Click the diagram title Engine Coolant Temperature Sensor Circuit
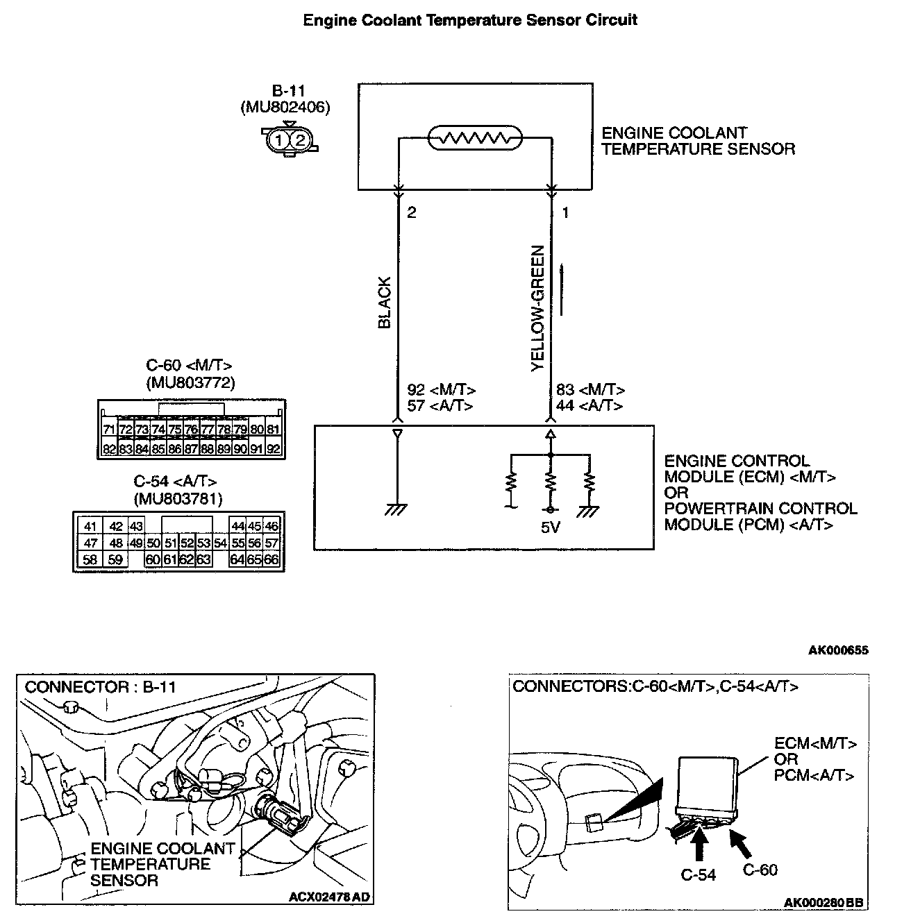pyautogui.click(x=470, y=20)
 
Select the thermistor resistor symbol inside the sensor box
pyautogui.click(x=474, y=139)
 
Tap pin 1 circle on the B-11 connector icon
pyautogui.click(x=278, y=140)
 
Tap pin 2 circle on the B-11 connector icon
pyautogui.click(x=300, y=140)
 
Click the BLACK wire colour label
pyautogui.click(x=384, y=303)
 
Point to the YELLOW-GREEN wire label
pyautogui.click(x=537, y=308)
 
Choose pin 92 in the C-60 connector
pyautogui.click(x=274, y=449)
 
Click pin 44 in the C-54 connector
pyautogui.click(x=238, y=527)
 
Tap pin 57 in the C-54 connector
pyautogui.click(x=271, y=543)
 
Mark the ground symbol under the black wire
pyautogui.click(x=397, y=509)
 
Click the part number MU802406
pyautogui.click(x=285, y=107)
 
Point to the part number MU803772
pyautogui.click(x=190, y=382)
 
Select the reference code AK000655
pyautogui.click(x=838, y=650)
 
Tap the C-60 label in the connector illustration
pyautogui.click(x=760, y=870)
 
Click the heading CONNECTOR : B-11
pyautogui.click(x=101, y=687)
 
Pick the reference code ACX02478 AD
pyautogui.click(x=330, y=897)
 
